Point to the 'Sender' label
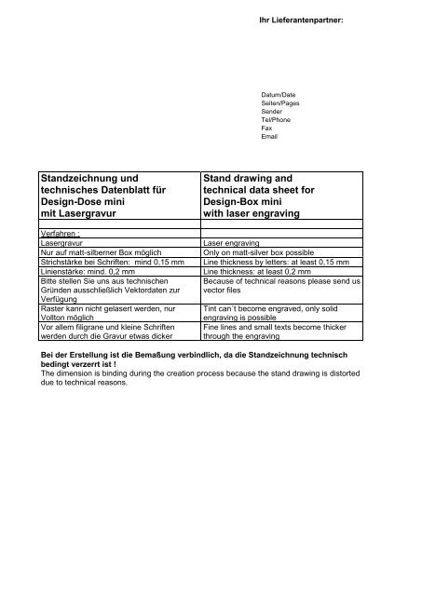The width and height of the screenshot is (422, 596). [x=274, y=113]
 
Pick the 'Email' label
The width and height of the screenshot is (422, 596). [x=271, y=137]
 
